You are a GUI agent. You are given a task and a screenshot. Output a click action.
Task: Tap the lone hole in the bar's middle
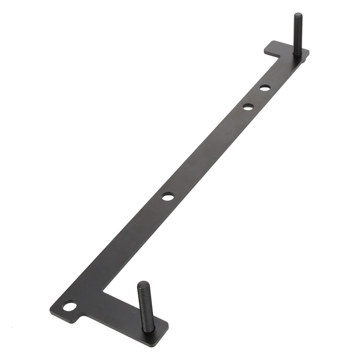click(x=168, y=196)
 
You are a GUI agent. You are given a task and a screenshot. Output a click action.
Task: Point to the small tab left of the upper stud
click(x=273, y=47)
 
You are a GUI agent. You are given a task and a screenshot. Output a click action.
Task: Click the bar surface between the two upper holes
click(x=257, y=97)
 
